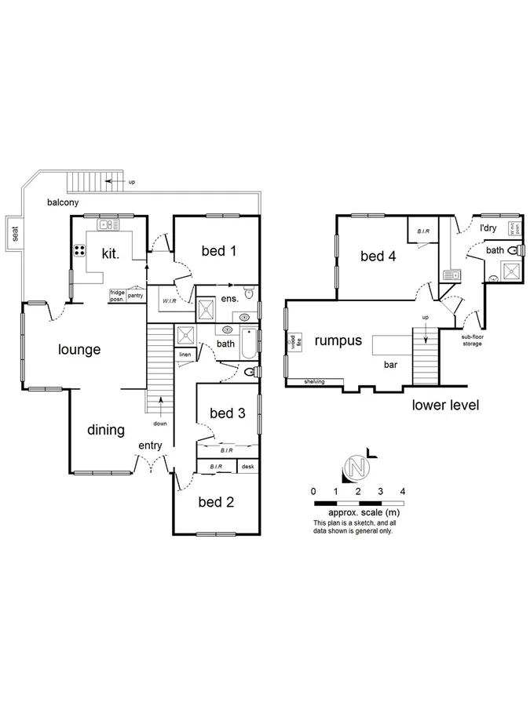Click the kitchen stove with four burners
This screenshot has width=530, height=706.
80,251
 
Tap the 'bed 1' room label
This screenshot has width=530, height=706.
219,251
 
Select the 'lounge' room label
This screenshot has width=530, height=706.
79,350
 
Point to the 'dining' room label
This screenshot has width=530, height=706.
106,429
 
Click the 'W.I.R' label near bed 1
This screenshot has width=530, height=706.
170,301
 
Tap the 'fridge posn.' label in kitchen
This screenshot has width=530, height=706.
118,295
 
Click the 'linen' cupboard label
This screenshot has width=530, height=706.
185,355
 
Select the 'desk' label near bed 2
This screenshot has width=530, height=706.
248,467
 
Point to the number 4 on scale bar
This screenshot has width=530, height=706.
403,491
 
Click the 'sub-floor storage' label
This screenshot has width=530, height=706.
472,340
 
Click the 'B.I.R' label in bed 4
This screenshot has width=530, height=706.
422,231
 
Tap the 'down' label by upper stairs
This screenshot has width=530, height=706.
160,424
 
